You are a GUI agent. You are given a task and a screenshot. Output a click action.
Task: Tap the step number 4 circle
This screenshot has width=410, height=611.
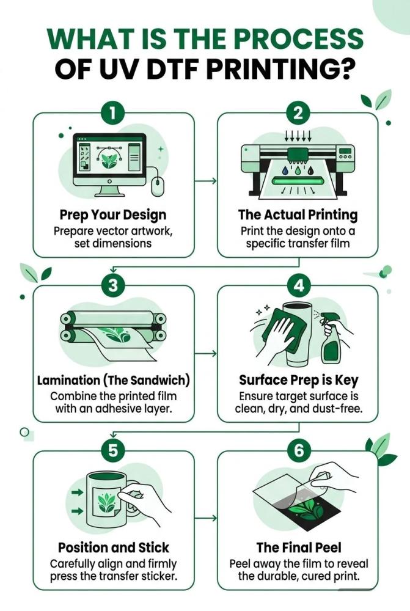298,285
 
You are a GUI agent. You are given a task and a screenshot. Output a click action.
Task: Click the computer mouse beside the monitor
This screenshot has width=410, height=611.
157,186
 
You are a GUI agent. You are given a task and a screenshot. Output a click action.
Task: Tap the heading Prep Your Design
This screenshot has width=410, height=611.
113,215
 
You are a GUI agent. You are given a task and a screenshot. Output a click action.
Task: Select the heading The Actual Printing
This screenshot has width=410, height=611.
298,214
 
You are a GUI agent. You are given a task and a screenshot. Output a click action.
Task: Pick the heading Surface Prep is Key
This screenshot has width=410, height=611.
299,380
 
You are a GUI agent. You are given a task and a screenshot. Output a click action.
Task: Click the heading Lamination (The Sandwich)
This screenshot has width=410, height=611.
114,380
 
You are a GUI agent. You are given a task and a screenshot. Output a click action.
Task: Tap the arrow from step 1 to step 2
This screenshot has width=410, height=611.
205,181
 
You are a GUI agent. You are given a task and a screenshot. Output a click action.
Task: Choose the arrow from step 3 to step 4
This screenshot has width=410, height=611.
205,353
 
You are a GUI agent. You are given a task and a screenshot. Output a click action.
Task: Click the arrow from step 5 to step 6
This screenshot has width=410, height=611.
205,518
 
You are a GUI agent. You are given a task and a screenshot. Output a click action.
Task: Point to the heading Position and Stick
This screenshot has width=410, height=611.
114,547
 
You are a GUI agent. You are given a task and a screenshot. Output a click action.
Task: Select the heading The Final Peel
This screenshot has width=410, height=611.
299,547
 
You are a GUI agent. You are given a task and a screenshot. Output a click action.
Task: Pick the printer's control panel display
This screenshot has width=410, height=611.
345,151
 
